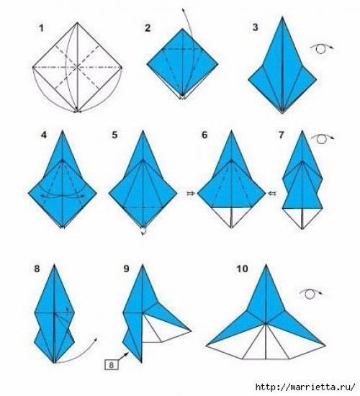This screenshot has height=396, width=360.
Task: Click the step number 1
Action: tap(42, 28)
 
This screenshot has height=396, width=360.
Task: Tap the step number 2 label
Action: tap(148, 28)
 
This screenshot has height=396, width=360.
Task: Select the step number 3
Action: tap(255, 27)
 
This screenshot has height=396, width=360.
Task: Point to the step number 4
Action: tap(44, 135)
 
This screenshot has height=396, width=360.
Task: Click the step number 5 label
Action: tap(114, 135)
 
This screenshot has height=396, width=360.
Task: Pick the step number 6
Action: tap(204, 135)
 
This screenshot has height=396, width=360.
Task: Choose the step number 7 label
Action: tap(282, 135)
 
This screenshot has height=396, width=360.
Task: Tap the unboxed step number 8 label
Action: tap(37, 269)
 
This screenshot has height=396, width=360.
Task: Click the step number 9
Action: tap(126, 269)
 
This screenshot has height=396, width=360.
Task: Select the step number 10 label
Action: tap(242, 269)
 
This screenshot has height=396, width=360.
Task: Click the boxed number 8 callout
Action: tap(112, 365)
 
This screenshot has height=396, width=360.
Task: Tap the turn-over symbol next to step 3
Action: tap(322, 48)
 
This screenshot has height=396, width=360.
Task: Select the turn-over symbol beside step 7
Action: tap(323, 138)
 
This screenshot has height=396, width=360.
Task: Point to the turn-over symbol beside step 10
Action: tap(311, 294)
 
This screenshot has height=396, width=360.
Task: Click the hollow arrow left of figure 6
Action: tap(191, 194)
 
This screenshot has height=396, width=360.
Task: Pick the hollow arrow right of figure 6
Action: tap(272, 194)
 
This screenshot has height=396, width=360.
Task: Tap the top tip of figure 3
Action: tap(282, 17)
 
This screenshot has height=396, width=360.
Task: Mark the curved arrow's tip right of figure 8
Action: tap(96, 338)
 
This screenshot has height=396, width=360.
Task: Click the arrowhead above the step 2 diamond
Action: tap(182, 9)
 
